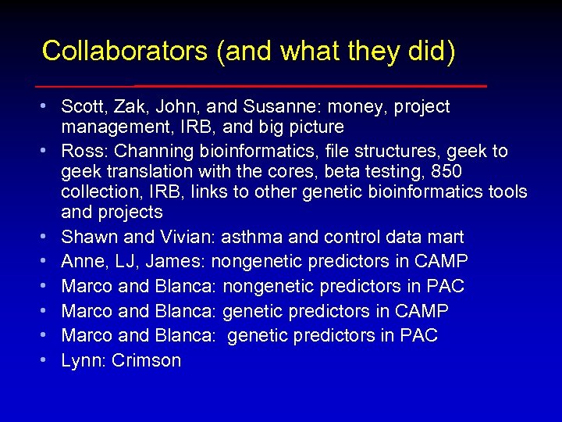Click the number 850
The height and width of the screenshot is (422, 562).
[x=447, y=171]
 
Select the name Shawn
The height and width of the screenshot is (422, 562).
[x=85, y=237]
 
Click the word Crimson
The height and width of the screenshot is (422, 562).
[x=147, y=360]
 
